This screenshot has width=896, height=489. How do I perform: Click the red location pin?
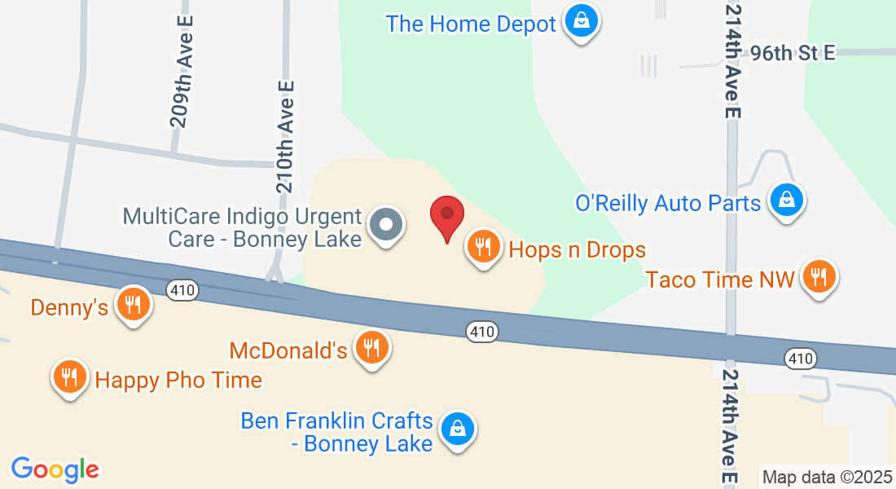tap(446, 216)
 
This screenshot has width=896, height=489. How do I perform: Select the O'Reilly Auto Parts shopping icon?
tap(786, 200)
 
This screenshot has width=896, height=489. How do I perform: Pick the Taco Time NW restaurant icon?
tap(819, 277)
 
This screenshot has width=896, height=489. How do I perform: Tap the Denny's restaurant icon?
tap(131, 305)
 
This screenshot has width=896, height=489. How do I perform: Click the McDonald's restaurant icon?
tap(372, 348)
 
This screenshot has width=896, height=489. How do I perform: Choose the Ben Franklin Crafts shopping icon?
tap(457, 429)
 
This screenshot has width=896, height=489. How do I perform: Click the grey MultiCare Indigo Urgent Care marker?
tap(386, 224)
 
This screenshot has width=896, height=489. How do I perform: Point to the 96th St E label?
tap(793, 53)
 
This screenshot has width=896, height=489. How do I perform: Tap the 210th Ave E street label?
tap(285, 136)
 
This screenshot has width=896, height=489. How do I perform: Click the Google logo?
tap(55, 469)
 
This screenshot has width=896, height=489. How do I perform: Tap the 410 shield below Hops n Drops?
tap(481, 331)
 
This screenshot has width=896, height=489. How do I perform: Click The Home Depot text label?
tap(471, 24)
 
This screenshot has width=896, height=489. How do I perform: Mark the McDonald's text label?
tap(288, 351)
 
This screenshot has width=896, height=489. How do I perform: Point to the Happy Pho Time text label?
tap(178, 380)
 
